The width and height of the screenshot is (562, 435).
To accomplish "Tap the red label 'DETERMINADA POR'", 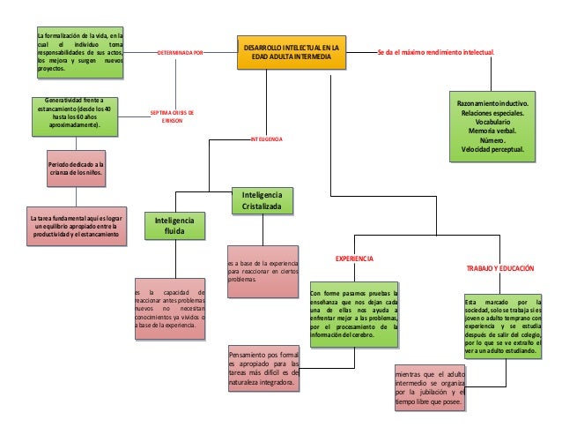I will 180,53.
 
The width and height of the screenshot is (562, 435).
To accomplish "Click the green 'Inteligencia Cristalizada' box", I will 263,200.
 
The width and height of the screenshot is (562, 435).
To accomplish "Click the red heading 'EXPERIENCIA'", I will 355,259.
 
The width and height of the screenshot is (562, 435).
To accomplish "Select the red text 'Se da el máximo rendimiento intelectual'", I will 435,53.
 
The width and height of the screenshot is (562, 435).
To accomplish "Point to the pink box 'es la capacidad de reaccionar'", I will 169,311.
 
